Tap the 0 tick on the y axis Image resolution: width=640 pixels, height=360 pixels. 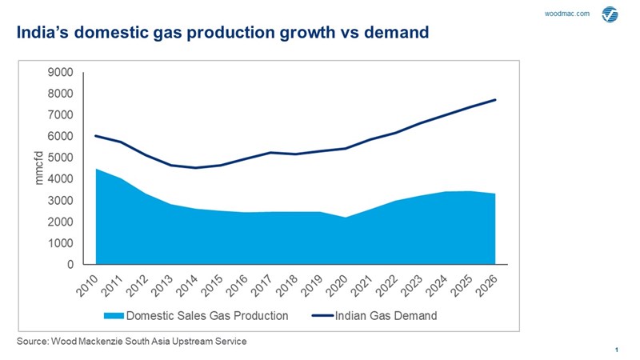coord(70,264)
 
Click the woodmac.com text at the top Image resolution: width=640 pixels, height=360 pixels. coord(566,14)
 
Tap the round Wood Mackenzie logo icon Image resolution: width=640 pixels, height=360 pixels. coord(610,14)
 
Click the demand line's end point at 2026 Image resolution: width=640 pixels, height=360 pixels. coord(496,99)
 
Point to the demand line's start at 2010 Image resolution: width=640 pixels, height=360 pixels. coord(96,135)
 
